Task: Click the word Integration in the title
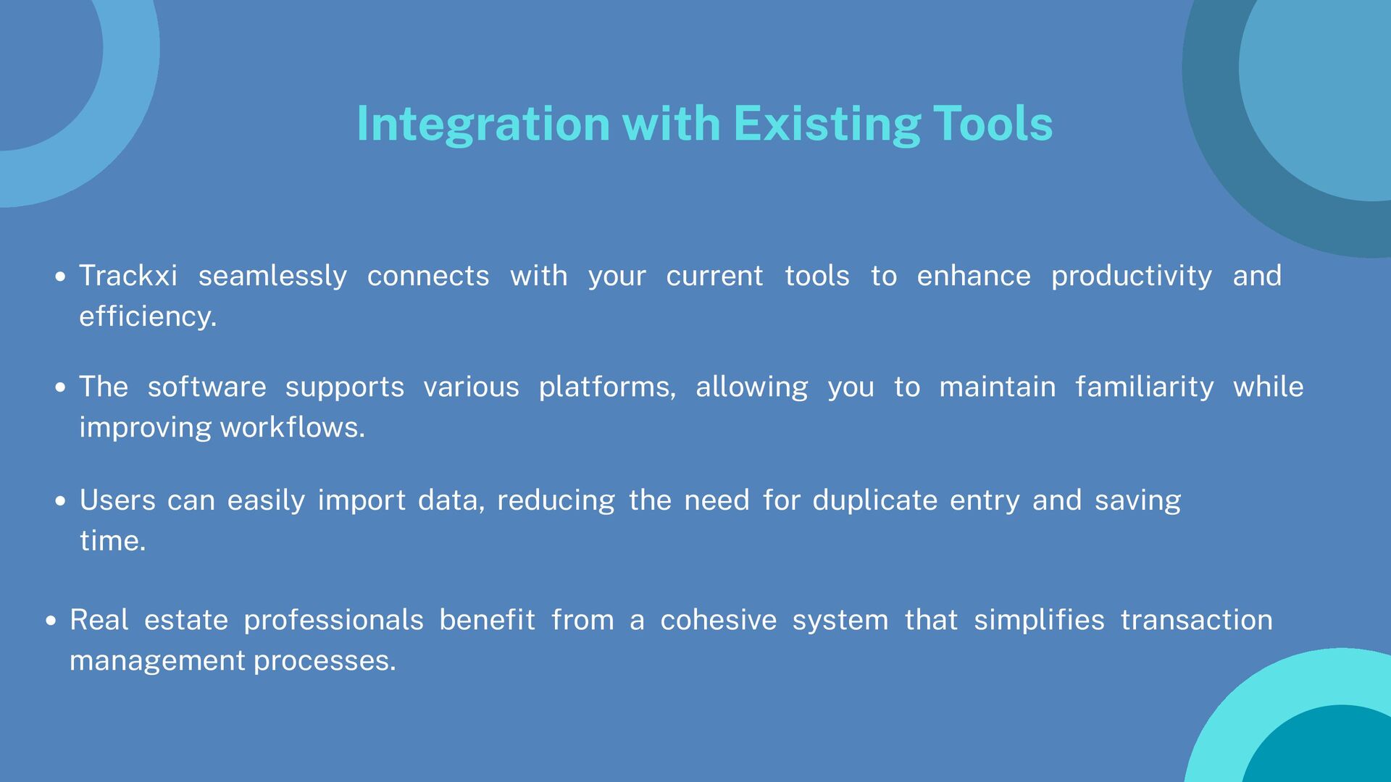[483, 125]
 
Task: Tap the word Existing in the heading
[827, 125]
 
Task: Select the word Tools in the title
[993, 123]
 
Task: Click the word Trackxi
[128, 276]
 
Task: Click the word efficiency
[148, 317]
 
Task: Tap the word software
[207, 387]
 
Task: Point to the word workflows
[293, 427]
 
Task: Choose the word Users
[117, 500]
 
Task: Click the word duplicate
[875, 501]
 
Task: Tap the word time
[113, 541]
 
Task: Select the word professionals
[333, 621]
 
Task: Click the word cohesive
[719, 621]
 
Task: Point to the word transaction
[1197, 621]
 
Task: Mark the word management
[157, 661]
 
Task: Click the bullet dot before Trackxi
[61, 277]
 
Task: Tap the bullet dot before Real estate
[51, 621]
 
